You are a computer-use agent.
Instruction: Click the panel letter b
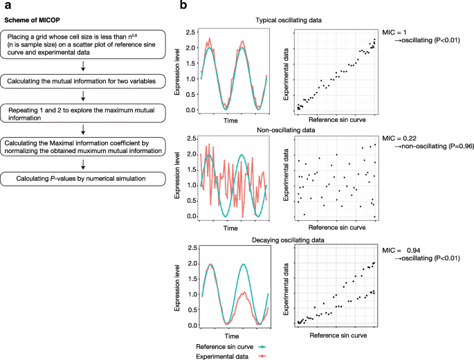pyautogui.click(x=183, y=6)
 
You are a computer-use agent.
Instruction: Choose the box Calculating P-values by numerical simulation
pyautogui.click(x=84, y=179)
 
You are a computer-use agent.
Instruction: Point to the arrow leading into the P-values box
pyautogui.click(x=84, y=164)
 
